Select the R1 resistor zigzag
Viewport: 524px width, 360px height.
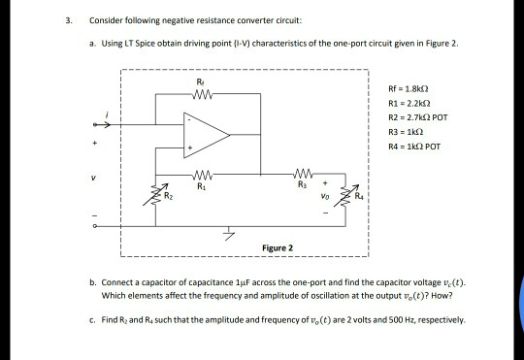click(x=202, y=174)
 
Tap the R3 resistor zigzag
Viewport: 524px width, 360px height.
click(x=303, y=174)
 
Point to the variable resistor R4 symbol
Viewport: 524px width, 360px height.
click(x=346, y=195)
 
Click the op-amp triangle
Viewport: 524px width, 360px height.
click(x=207, y=135)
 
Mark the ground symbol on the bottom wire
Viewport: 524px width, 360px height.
click(x=229, y=234)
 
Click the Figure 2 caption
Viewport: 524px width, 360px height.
click(x=278, y=248)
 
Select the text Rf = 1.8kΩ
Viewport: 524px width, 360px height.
click(x=409, y=89)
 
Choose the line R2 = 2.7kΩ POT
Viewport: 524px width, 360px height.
click(x=417, y=117)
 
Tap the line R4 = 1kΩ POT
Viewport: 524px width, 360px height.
click(x=414, y=147)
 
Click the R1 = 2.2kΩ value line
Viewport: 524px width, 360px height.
click(x=409, y=103)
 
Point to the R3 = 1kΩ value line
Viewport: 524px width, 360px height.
click(x=406, y=132)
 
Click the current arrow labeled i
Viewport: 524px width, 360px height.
click(x=102, y=124)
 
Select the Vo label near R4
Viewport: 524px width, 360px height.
click(x=325, y=197)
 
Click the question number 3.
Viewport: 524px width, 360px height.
click(x=69, y=20)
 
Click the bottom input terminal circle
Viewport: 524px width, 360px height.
click(x=95, y=226)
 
